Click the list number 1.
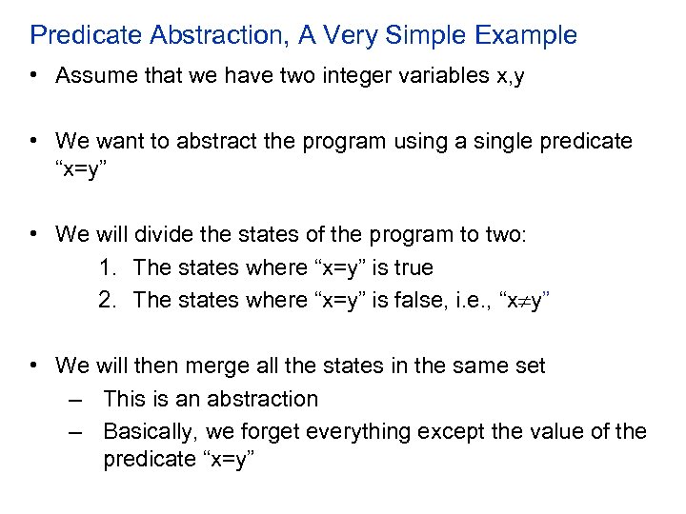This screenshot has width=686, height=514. tap(107, 267)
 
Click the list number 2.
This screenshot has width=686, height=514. tap(107, 300)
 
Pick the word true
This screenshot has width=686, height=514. tap(412, 267)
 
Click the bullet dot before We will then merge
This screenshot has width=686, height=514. tap(35, 365)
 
